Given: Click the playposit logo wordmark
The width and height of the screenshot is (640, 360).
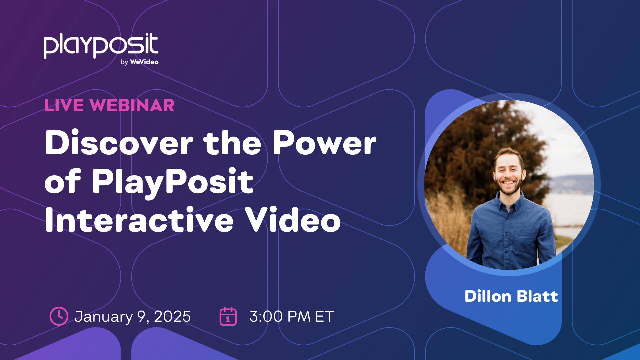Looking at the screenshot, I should click(101, 46).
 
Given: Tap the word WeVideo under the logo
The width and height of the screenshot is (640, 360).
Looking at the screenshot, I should click(144, 62).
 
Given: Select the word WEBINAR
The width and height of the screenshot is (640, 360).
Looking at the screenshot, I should click(132, 106).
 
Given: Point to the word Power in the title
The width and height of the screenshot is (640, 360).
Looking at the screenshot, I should click(324, 143).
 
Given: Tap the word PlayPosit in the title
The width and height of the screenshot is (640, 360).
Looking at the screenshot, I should click(173, 182).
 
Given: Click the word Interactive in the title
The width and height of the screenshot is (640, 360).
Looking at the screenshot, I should click(139, 220).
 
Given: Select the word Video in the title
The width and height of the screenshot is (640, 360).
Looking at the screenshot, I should click(292, 220).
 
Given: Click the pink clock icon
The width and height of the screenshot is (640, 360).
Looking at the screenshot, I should click(59, 316).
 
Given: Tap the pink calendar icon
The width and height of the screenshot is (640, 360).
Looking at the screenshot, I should click(228, 316).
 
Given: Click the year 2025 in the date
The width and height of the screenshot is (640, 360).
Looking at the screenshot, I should click(172, 316).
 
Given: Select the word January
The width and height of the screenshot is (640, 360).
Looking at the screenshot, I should click(103, 317).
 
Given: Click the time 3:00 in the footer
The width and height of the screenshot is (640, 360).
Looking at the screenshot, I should click(266, 316).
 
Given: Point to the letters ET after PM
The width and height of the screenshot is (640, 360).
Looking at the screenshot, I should click(324, 316).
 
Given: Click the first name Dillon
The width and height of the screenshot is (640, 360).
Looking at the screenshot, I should click(488, 296).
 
